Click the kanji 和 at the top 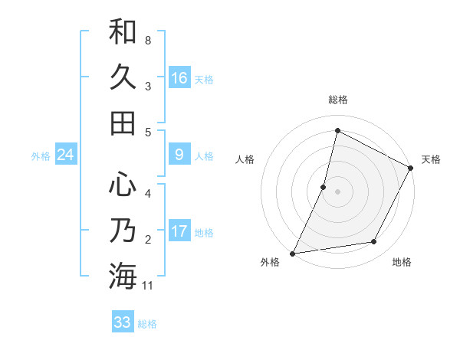[123, 32]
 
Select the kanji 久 [123, 77]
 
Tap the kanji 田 [123, 123]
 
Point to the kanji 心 [123, 184]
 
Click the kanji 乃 [123, 230]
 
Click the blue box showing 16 [179, 77]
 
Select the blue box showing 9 [179, 155]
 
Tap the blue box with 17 [179, 231]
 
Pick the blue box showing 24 [65, 155]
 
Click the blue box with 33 [123, 322]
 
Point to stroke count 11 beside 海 [148, 286]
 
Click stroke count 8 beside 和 [148, 39]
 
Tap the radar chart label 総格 [338, 100]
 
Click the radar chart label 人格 [245, 160]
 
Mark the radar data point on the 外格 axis [292, 254]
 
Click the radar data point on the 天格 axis [411, 168]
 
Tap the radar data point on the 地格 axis [374, 242]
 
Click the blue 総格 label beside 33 [147, 323]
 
